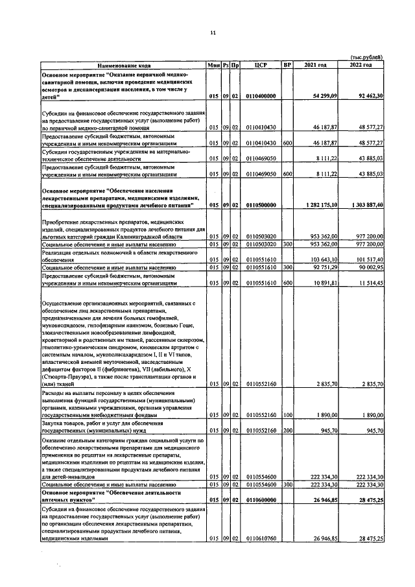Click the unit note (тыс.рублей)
tap(366, 58)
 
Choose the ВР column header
tap(288, 66)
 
